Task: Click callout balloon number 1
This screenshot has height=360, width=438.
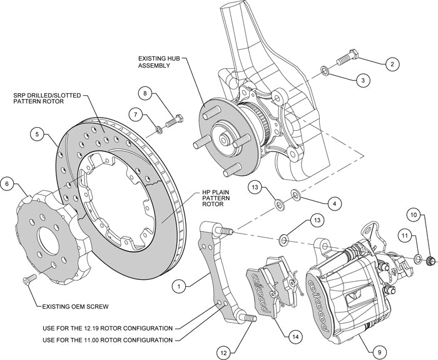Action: [179, 287]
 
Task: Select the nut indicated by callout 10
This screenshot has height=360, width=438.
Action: [430, 260]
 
